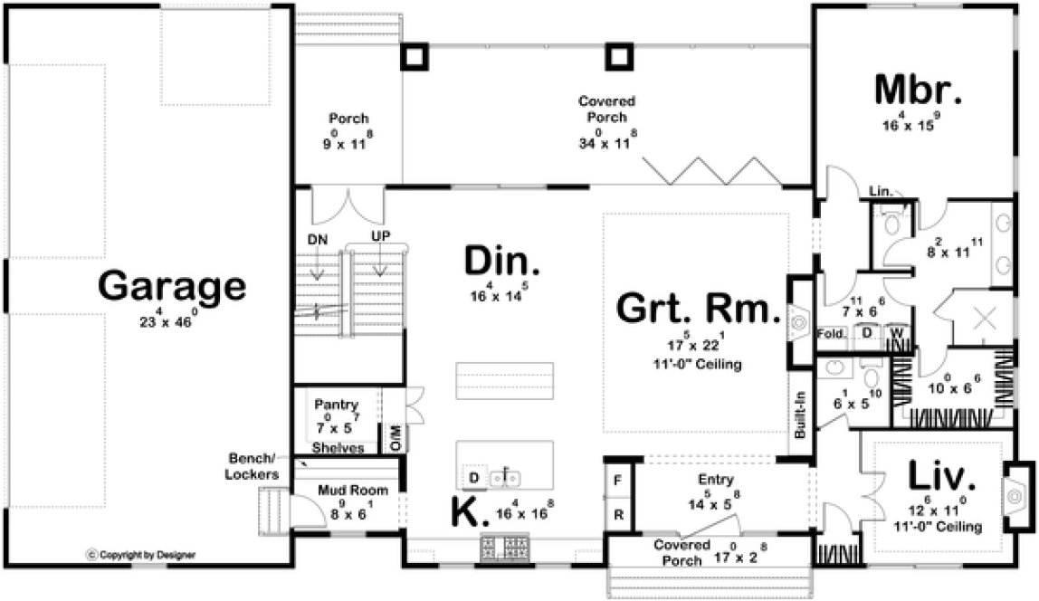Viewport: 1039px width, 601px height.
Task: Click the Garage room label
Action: tap(172, 287)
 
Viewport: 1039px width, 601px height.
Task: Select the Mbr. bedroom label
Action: tap(918, 91)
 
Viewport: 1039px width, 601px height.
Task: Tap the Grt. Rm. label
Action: tap(698, 309)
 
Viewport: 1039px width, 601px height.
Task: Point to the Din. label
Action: tap(502, 262)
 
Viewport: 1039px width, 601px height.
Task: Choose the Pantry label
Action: tap(337, 405)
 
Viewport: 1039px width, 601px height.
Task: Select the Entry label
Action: tap(716, 480)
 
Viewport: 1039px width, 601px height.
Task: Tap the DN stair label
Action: tap(317, 239)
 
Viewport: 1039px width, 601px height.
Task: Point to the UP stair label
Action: tap(380, 236)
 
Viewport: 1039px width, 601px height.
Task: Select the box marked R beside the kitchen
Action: tap(618, 512)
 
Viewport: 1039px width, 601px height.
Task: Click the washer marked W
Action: tap(899, 334)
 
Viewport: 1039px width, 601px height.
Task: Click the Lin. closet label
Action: tap(880, 192)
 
